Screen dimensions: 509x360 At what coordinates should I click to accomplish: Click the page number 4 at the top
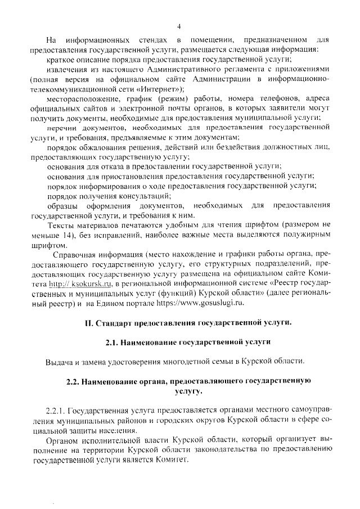click(179, 26)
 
